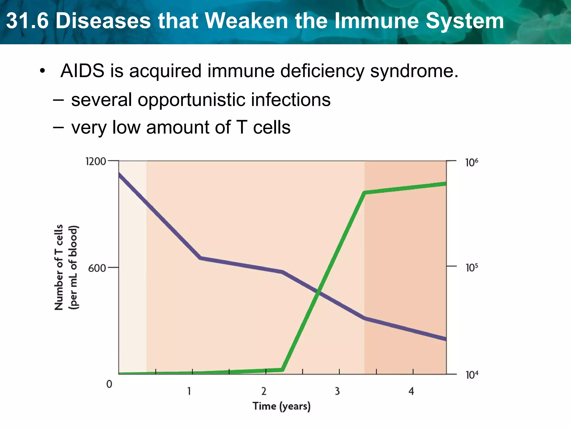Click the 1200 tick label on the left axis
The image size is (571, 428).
[96, 161]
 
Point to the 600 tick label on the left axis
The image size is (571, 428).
[97, 268]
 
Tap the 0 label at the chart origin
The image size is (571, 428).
[109, 384]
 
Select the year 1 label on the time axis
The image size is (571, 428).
[189, 391]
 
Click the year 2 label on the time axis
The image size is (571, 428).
[264, 391]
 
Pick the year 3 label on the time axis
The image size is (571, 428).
[337, 391]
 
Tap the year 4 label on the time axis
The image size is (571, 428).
[411, 391]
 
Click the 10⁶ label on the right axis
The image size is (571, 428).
[472, 162]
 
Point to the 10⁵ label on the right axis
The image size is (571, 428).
[472, 267]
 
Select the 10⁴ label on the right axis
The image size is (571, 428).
[472, 375]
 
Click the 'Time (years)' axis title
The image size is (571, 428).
[282, 406]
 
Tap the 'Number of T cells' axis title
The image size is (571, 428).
[59, 267]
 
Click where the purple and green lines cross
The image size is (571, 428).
[319, 293]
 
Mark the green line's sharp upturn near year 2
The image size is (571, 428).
[283, 369]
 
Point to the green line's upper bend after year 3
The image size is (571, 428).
[365, 193]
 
